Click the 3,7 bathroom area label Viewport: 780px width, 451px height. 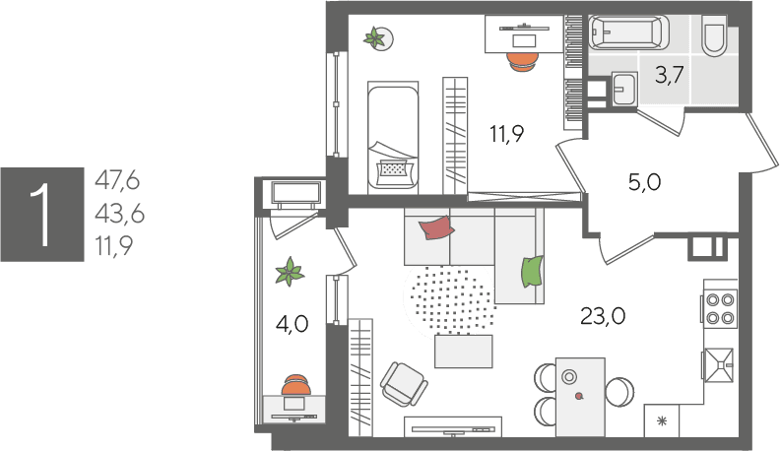(669, 75)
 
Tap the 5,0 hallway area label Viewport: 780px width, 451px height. (645, 182)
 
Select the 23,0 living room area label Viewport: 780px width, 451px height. (603, 316)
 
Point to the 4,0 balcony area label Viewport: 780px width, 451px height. (292, 324)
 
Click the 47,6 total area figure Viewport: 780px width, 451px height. (117, 180)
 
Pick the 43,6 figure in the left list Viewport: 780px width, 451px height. (119, 214)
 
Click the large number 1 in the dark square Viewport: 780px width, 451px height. (40, 215)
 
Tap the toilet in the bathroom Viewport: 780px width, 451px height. (714, 35)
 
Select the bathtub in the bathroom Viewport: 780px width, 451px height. (628, 32)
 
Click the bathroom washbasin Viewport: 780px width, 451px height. (624, 89)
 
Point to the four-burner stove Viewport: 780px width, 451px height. (720, 309)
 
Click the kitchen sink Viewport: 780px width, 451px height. (718, 365)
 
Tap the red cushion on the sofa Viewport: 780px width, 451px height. (436, 227)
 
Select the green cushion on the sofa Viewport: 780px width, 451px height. (531, 272)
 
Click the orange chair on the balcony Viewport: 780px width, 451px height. (296, 384)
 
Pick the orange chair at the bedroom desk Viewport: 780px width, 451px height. (522, 62)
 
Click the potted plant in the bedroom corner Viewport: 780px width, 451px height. (376, 38)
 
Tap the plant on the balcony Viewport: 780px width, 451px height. (290, 272)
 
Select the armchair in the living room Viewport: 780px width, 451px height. (404, 384)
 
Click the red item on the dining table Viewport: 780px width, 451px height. (578, 396)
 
